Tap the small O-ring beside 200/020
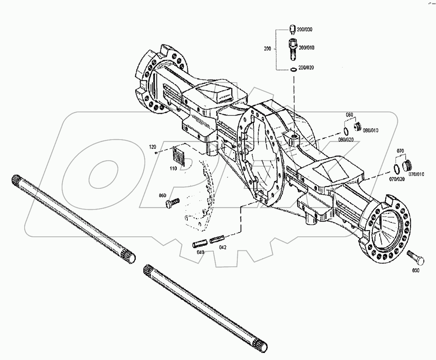(x=293, y=70)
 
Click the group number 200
(x=267, y=49)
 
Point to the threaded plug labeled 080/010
(x=357, y=127)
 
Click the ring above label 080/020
(x=346, y=130)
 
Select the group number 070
(x=400, y=150)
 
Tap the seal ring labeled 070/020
(x=396, y=168)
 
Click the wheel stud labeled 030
(x=413, y=257)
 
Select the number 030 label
(x=415, y=270)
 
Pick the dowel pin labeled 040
(x=199, y=244)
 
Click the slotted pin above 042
(x=217, y=239)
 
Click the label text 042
(x=222, y=247)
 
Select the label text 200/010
(x=306, y=47)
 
